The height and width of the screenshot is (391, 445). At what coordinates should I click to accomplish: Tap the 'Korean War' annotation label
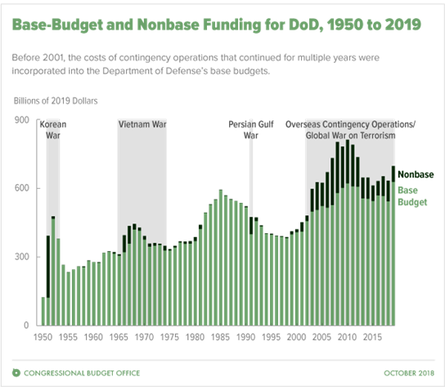(x=53, y=130)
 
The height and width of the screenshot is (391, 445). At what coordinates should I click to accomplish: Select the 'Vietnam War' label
(x=142, y=124)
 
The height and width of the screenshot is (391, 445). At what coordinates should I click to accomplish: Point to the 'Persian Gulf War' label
(x=251, y=130)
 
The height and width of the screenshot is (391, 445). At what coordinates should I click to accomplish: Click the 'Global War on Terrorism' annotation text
(x=350, y=135)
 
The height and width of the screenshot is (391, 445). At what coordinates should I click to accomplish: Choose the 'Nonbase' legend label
(x=416, y=174)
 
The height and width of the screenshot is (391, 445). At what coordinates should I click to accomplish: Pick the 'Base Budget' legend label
(x=412, y=196)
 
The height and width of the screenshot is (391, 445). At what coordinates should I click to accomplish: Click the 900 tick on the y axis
(x=22, y=120)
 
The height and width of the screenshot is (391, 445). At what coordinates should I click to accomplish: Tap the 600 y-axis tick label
(x=22, y=188)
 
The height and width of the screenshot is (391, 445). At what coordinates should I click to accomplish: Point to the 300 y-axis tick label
(x=22, y=257)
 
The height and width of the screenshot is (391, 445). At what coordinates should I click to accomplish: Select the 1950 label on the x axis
(x=43, y=337)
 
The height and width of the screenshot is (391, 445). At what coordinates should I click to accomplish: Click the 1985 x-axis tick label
(x=220, y=337)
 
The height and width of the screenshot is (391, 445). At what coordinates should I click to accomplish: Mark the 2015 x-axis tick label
(x=372, y=337)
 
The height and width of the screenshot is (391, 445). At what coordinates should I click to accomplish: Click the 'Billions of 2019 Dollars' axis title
(x=56, y=101)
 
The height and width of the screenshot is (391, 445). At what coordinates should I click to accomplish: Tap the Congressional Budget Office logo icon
(x=16, y=373)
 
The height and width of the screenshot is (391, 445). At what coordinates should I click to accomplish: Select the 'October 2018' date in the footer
(x=409, y=373)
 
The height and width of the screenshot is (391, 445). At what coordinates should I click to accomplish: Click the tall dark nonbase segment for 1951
(x=48, y=267)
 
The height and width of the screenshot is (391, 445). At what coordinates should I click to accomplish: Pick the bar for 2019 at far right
(x=393, y=245)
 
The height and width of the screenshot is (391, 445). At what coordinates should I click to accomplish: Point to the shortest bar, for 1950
(x=43, y=312)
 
